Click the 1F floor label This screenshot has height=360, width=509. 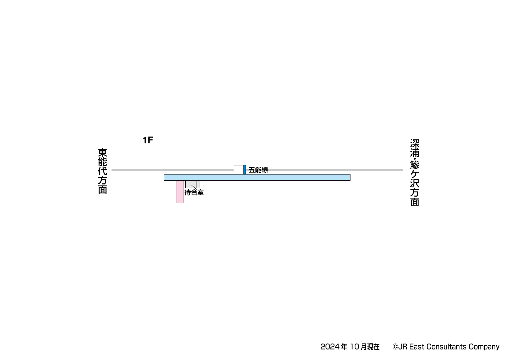pos(148,140)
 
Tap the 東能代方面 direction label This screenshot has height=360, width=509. pos(103,171)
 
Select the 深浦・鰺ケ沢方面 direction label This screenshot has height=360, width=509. pos(415,173)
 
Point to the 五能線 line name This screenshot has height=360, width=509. pos(258,170)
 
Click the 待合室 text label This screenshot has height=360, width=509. pos(194,192)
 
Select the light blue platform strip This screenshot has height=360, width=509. pos(257,178)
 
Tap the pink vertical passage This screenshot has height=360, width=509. pos(179,191)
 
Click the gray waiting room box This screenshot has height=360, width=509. pos(193,184)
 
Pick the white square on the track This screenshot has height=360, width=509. pos(238,170)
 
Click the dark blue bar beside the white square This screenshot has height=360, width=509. pos(244,170)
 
